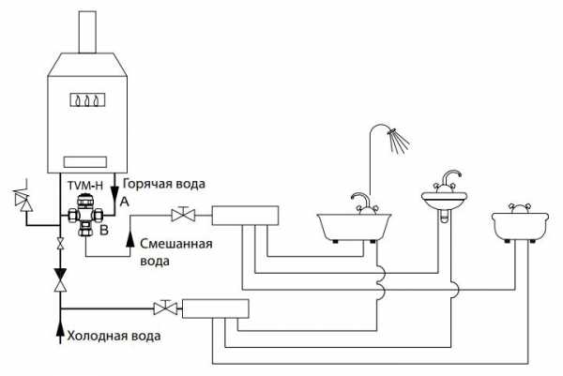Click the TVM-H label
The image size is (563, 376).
click(85, 186)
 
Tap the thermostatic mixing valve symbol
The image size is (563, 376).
click(86, 215)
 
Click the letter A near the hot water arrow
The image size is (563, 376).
click(124, 202)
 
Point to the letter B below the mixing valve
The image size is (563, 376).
click(104, 230)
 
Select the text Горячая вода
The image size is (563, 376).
click(164, 184)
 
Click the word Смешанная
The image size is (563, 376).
click(176, 244)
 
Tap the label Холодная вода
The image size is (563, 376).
click(114, 337)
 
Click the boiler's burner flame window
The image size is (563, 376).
click(87, 100)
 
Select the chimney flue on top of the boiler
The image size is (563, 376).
click(87, 32)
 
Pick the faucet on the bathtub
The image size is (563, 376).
click(363, 204)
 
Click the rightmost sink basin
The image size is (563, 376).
click(520, 225)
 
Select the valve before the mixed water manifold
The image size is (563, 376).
click(183, 215)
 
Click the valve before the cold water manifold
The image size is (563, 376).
click(165, 308)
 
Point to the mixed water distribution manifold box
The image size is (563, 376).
click(245, 216)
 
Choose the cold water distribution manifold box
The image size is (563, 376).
click(216, 308)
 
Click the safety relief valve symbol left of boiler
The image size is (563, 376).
click(23, 197)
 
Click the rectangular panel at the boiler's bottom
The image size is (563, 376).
click(85, 162)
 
